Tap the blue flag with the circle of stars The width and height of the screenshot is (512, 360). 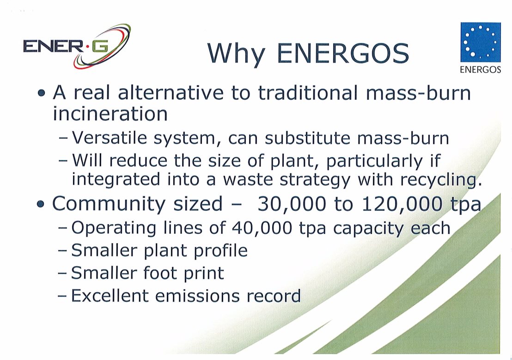pyautogui.click(x=480, y=42)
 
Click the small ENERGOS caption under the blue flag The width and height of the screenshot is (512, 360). pyautogui.click(x=480, y=70)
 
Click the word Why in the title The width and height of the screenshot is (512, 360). pyautogui.click(x=236, y=54)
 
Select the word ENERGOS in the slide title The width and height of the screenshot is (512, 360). pyautogui.click(x=343, y=53)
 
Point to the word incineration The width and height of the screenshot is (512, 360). pyautogui.click(x=110, y=114)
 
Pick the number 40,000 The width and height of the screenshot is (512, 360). pyautogui.click(x=262, y=228)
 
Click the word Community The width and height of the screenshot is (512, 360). pyautogui.click(x=109, y=205)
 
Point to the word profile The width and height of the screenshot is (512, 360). pyautogui.click(x=221, y=251)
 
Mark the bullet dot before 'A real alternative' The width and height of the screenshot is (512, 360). pyautogui.click(x=41, y=93)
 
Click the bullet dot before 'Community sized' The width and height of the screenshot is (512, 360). pyautogui.click(x=41, y=205)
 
